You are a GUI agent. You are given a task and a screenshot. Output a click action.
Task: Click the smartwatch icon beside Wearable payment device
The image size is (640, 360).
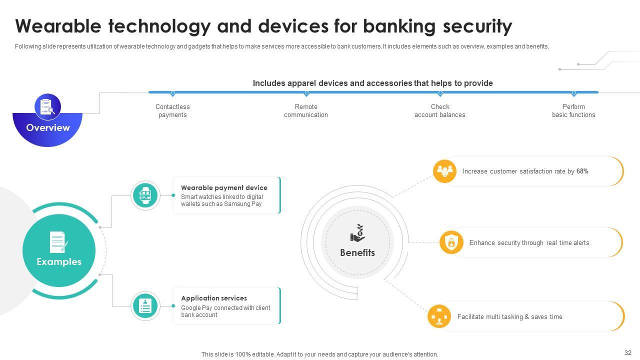pos(145,195)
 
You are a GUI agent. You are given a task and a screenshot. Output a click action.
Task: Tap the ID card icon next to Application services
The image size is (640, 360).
pos(145,306)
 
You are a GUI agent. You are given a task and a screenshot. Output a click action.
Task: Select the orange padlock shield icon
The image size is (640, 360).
pos(451,242)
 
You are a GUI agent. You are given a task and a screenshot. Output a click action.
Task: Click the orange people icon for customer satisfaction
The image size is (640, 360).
pos(444,171)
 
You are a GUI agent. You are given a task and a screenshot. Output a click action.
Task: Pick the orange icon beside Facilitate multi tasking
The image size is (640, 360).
pos(439,316)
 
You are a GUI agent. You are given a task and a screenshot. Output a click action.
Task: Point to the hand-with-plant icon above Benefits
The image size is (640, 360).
pos(357,233)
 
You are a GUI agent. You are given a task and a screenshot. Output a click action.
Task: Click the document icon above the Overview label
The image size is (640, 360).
pos(47,106)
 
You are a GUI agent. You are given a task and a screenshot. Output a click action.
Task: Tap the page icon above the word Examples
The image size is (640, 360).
pos(58,242)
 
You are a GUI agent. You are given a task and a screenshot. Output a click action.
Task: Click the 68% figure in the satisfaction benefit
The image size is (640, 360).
pos(582,171)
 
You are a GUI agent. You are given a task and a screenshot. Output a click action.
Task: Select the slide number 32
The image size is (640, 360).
pos(628,352)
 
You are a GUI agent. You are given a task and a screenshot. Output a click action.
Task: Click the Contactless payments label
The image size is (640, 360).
pos(172,110)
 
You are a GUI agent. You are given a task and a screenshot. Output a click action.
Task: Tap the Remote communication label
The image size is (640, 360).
pos(306,110)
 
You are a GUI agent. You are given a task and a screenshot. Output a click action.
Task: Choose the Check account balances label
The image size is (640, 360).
pos(440,110)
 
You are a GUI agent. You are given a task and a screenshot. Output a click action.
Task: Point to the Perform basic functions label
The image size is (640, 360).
pos(573,110)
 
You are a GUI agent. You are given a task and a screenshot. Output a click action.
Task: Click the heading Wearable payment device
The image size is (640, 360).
pos(224,187)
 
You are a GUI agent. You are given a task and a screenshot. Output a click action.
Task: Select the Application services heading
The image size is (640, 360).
pos(214,298)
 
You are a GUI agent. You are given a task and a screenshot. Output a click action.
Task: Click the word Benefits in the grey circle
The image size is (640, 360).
pos(357,252)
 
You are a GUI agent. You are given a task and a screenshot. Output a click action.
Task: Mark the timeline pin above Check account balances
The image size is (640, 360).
pos(440,93)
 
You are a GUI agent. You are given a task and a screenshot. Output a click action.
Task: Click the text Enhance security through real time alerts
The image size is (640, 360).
pos(529,242)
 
